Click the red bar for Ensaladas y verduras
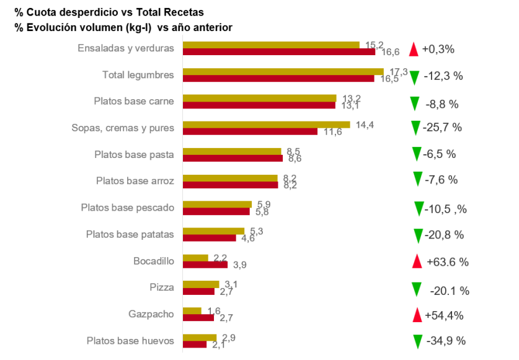point(279,52)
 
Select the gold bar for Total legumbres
point(283,71)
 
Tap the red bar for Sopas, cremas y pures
point(251,132)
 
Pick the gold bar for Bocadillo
point(195,258)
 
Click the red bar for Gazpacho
point(198,318)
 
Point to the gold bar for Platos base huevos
point(200,338)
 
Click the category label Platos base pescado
point(128,208)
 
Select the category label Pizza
point(161,288)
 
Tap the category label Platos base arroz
point(135,181)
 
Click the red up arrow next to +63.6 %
point(417,261)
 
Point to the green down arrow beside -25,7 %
point(415,128)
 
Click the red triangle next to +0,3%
point(414,50)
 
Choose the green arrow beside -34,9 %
point(418,342)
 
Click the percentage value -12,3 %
point(443,76)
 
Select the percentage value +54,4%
point(444,315)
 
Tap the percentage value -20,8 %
point(444,235)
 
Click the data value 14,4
point(365,125)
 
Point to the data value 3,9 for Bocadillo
point(239,265)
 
